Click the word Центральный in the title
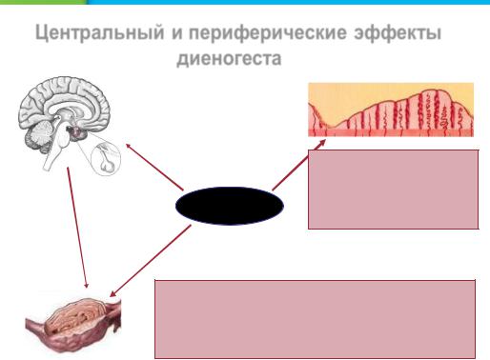[100, 33]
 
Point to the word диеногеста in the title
[229, 58]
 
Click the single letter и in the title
[177, 33]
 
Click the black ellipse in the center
[230, 206]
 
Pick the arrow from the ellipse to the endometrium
[298, 165]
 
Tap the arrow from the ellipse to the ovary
[151, 261]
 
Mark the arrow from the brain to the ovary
[77, 228]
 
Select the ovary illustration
[73, 325]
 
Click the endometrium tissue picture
[391, 110]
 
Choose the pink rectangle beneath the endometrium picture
[394, 190]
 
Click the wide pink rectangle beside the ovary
[315, 319]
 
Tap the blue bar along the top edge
[289, 2]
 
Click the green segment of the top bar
[44, 2]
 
